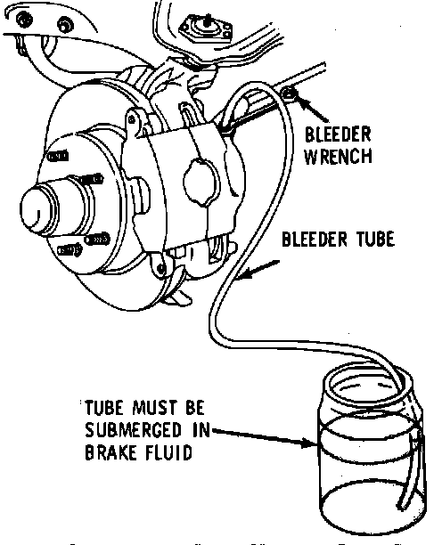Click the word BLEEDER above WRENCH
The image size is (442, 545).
pos(338,134)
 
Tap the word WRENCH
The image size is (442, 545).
pos(338,157)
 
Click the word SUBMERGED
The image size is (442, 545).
pos(133,430)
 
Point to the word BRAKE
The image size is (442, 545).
pos(107,452)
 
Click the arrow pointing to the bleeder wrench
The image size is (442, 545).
pos(311,109)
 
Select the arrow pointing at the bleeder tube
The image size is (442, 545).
pos(259,269)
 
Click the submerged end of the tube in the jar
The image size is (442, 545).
pos(401,506)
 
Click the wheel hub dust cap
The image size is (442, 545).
pos(39,209)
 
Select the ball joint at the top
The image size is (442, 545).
pos(206,28)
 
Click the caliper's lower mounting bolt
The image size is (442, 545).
pos(160,268)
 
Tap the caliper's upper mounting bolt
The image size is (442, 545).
pos(132,120)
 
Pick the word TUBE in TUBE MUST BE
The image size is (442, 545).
pos(104,408)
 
